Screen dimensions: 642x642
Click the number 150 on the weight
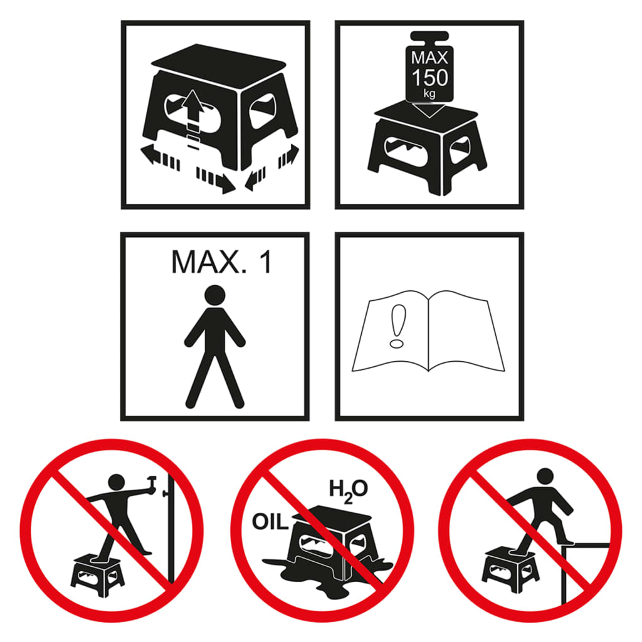(430, 78)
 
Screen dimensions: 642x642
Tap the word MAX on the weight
(429, 58)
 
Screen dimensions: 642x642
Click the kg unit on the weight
(429, 94)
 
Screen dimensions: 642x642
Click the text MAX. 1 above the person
(221, 262)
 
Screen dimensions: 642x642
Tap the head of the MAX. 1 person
(215, 295)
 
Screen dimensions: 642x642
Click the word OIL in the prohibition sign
(270, 522)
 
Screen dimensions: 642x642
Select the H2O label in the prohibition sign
(349, 490)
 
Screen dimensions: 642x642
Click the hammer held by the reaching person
(152, 481)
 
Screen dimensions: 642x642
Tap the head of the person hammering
(117, 482)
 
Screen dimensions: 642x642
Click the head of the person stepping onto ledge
(545, 476)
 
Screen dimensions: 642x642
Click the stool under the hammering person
(97, 576)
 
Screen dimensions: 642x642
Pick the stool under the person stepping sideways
(510, 571)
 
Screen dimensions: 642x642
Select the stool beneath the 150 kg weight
(426, 148)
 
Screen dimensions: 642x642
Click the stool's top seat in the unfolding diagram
(219, 61)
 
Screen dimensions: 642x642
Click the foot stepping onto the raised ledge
(567, 541)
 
